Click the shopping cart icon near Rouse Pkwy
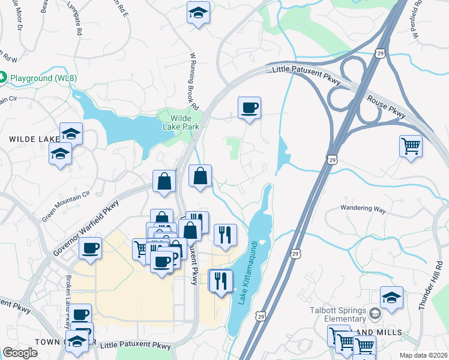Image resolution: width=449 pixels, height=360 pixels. pyautogui.click(x=411, y=145)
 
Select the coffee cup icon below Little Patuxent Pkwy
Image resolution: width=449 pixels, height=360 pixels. pyautogui.click(x=249, y=108)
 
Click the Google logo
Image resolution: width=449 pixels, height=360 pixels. pyautogui.click(x=20, y=353)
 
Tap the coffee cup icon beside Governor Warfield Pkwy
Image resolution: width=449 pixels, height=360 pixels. pyautogui.click(x=91, y=247)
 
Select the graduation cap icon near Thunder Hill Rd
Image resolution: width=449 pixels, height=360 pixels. pyautogui.click(x=391, y=297)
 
